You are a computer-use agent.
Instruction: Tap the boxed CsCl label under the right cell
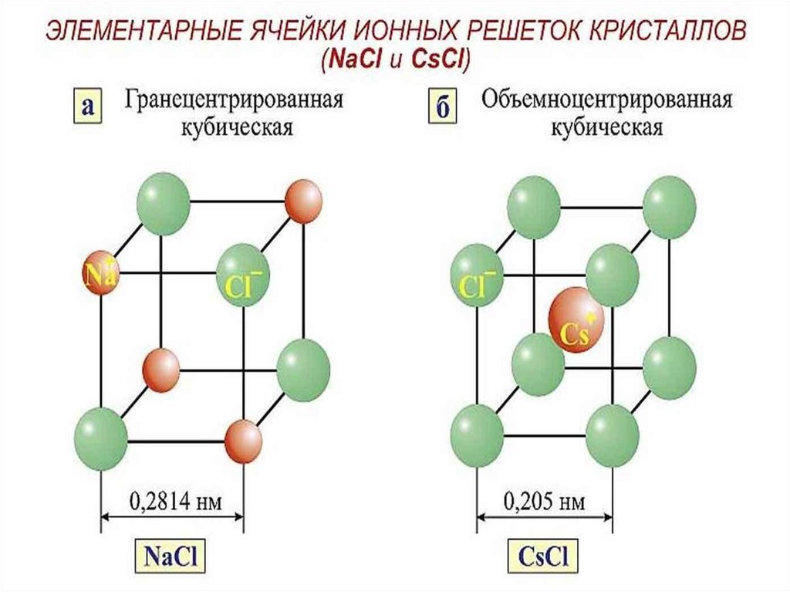pyautogui.click(x=545, y=556)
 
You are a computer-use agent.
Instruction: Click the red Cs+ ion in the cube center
pyautogui.click(x=576, y=319)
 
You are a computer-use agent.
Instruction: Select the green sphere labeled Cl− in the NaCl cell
pyautogui.click(x=242, y=269)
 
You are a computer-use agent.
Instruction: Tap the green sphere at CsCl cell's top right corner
pyautogui.click(x=669, y=203)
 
